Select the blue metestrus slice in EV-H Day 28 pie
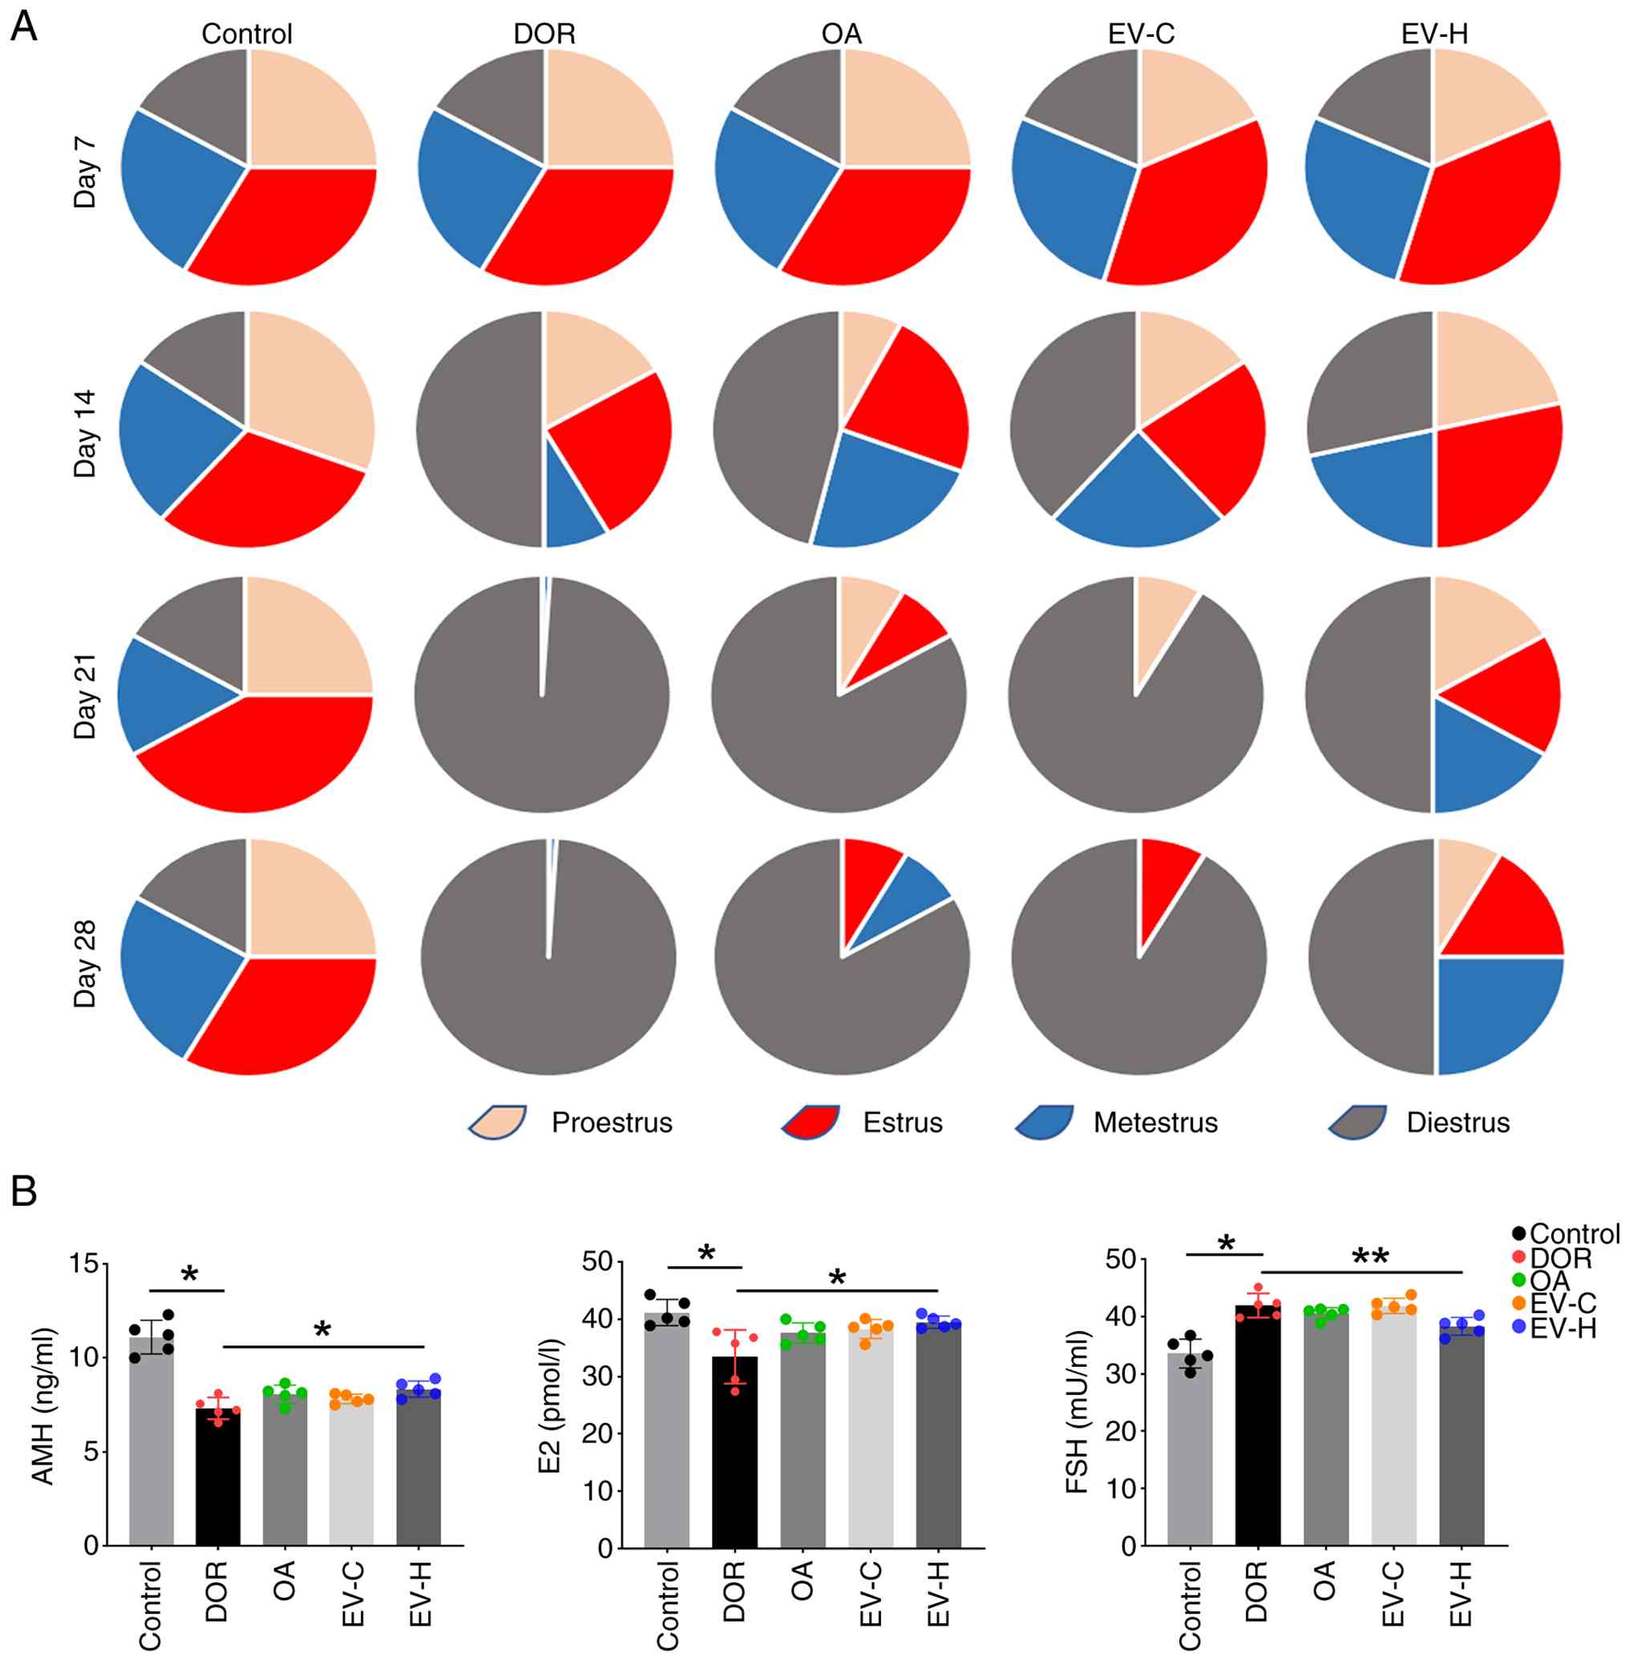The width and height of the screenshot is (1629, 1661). pyautogui.click(x=1493, y=1010)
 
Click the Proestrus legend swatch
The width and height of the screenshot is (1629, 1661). pyautogui.click(x=498, y=1121)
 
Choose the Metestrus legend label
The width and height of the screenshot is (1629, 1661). pyautogui.click(x=1155, y=1123)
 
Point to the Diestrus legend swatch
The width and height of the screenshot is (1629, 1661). pyautogui.click(x=1357, y=1121)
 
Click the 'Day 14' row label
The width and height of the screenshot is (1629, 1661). pyautogui.click(x=86, y=433)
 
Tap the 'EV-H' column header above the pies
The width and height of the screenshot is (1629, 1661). pyautogui.click(x=1435, y=34)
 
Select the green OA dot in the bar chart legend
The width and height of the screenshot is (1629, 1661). pyautogui.click(x=1519, y=1281)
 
